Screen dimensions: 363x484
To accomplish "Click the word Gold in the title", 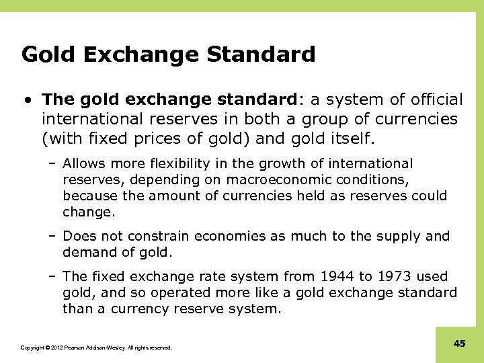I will point(42,54).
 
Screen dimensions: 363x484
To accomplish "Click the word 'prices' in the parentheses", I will point(140,138).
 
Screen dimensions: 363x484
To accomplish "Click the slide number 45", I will point(460,344).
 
